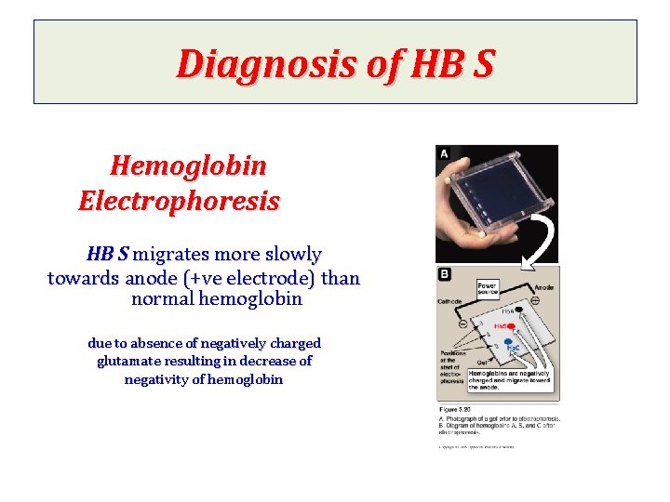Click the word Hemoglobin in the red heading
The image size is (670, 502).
tap(188, 166)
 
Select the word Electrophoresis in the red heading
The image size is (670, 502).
tap(180, 201)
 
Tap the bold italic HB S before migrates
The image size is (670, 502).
tap(108, 254)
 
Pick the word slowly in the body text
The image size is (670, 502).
tap(291, 254)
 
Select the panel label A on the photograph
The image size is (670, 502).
tap(445, 153)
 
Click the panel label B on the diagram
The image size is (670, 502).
tap(445, 274)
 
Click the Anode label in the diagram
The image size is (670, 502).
tap(543, 287)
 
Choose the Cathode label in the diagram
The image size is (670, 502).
tap(450, 301)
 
